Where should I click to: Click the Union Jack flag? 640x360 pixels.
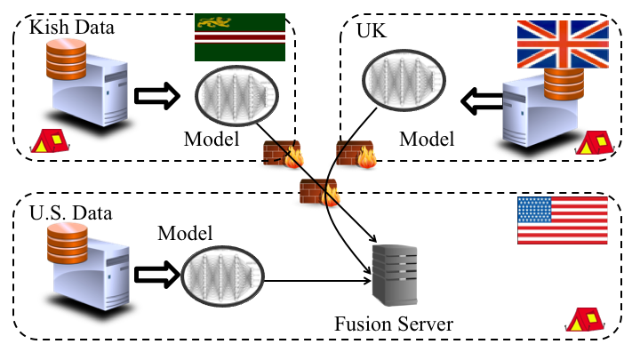pos(563,44)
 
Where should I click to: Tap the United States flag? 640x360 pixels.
pos(563,220)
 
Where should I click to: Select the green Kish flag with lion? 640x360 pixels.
pos(240,37)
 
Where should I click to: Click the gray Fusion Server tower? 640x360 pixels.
pos(395,275)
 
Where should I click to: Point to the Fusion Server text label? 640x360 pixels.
pos(394,324)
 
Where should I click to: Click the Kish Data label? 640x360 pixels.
pos(72,28)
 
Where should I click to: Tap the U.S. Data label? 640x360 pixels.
pos(70,213)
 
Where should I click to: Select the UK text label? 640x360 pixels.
pos(371,30)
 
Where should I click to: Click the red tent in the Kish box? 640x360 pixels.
pos(50,141)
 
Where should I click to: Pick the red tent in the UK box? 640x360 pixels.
pos(595,142)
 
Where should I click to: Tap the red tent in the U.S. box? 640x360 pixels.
pos(585,320)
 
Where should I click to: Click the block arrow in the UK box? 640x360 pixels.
pos(482,100)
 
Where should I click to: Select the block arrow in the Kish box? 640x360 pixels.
pos(157,96)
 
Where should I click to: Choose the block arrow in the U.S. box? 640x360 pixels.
pos(157,275)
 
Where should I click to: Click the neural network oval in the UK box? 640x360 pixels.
pos(404,80)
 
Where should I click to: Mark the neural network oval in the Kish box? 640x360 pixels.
pos(236,96)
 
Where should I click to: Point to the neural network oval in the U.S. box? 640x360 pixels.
pos(222,276)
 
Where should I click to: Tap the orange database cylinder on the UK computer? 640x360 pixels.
pos(564,84)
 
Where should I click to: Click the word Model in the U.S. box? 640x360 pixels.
pos(185,234)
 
